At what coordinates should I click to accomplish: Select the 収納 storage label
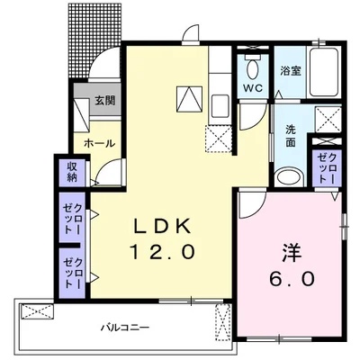(71, 170)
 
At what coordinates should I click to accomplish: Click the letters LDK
(162, 225)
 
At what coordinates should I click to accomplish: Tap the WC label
(252, 88)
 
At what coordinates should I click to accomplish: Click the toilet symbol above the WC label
(252, 67)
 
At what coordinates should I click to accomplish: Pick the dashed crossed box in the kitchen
(219, 138)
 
